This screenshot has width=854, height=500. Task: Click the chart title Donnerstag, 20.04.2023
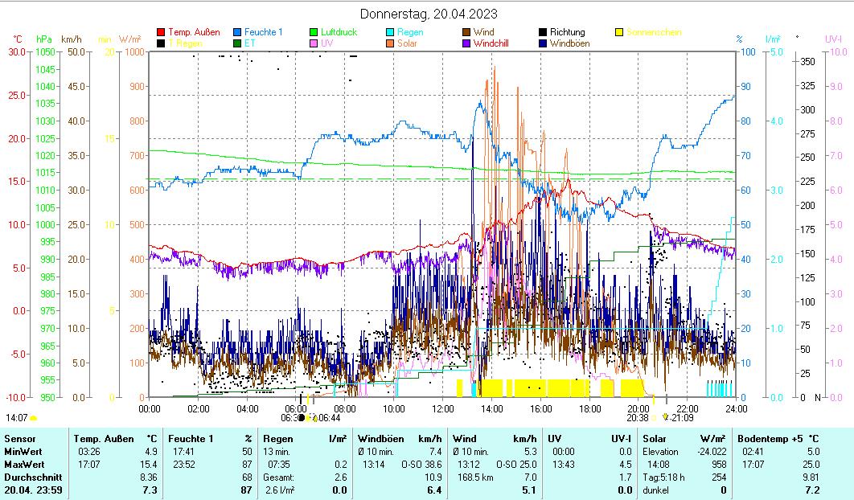click(428, 14)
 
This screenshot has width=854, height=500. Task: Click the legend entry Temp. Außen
click(194, 32)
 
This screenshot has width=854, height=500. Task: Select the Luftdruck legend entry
click(339, 32)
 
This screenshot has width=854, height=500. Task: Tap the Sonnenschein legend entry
click(654, 32)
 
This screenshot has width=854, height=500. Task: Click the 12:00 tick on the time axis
click(443, 408)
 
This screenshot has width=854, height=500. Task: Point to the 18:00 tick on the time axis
click(589, 408)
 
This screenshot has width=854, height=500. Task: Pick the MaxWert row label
click(22, 464)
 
